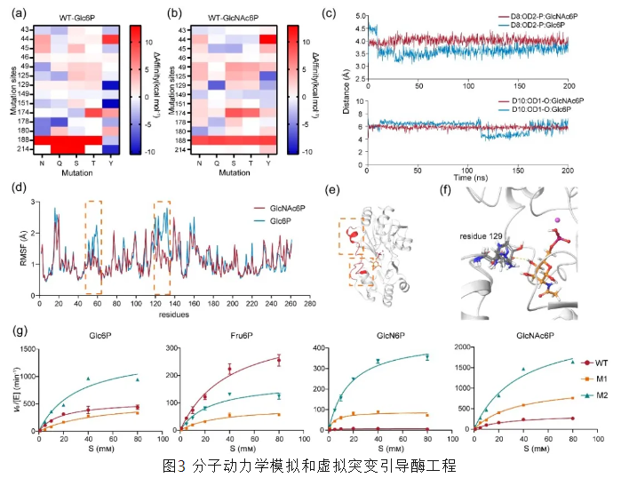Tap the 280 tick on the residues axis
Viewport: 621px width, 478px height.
[x=309, y=304]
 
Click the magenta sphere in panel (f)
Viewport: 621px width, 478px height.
[x=556, y=219]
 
